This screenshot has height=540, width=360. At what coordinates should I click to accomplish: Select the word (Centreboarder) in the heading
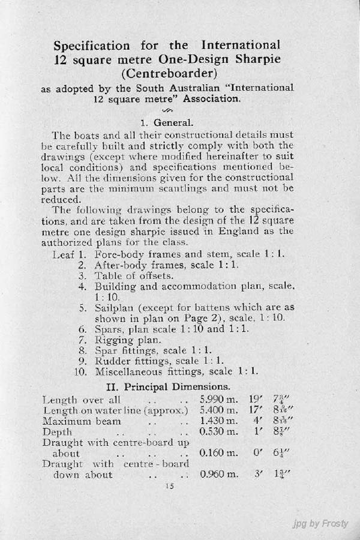[x=167, y=74]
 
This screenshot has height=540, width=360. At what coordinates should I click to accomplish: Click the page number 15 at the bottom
[x=167, y=487]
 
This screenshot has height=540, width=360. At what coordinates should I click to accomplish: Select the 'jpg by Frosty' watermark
[x=320, y=524]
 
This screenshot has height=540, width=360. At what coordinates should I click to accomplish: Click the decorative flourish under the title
[x=167, y=110]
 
